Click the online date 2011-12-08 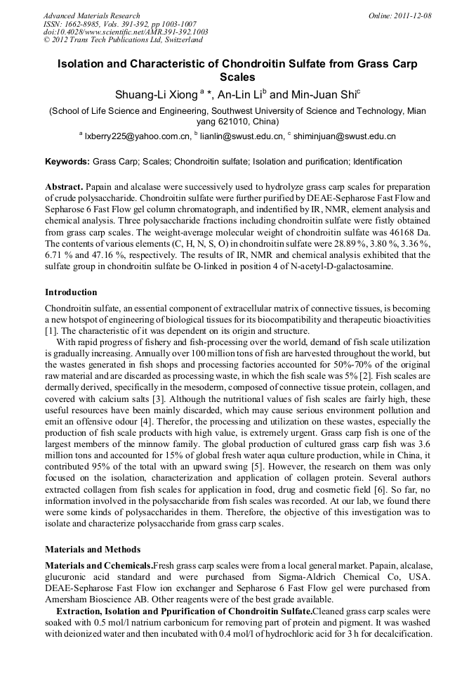click(414, 15)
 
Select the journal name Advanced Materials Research click(91, 15)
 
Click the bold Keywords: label click(67, 162)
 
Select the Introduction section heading click(71, 292)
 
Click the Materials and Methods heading click(92, 550)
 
